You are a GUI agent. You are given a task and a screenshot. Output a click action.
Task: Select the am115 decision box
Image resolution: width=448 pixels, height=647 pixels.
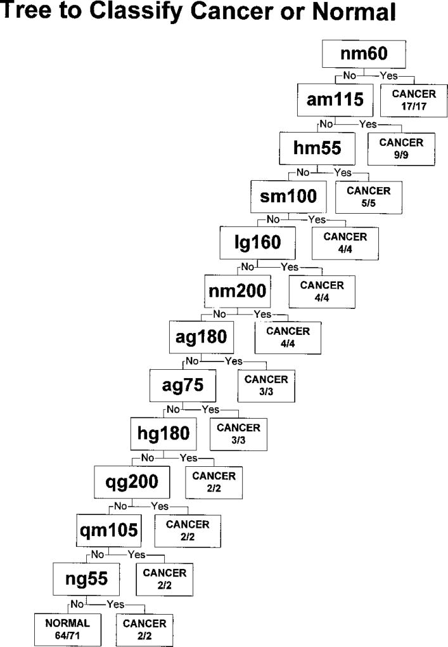coord(335,100)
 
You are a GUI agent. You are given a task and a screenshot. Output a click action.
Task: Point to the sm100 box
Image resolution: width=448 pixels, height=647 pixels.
coord(288,197)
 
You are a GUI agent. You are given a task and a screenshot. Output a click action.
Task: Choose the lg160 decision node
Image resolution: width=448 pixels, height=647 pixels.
coord(259,242)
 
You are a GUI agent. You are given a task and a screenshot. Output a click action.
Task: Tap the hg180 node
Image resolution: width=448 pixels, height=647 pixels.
coord(163,434)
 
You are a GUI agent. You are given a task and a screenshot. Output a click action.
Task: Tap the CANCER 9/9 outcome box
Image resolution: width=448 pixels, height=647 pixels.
coord(401,148)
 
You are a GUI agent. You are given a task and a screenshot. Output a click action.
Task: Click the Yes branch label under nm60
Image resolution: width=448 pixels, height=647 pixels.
coord(388,75)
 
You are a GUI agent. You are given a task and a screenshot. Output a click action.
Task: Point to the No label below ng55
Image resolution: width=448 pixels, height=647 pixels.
coord(77,603)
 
